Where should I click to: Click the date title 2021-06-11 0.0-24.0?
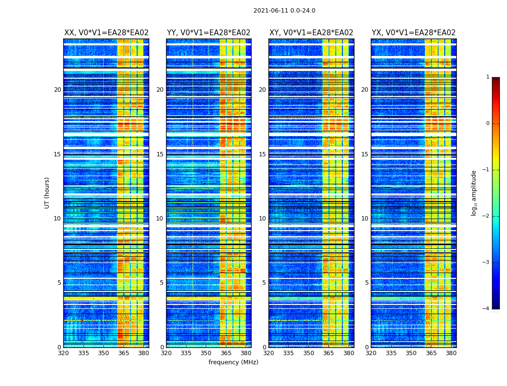point(284,11)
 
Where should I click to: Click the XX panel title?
point(106,33)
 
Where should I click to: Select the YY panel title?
point(209,33)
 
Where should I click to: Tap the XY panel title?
point(311,33)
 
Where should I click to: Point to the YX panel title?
point(413,33)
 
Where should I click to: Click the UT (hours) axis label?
point(47,193)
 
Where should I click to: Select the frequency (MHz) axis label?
point(233,362)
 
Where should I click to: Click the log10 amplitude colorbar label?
point(474,193)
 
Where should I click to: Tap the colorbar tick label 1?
point(487,77)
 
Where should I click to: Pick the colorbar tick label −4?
point(486,309)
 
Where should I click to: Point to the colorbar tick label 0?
point(487,124)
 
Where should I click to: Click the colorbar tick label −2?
point(486,216)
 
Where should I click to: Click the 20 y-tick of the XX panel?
point(57,90)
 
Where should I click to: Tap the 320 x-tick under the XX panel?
point(63,353)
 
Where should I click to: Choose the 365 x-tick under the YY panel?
point(226,353)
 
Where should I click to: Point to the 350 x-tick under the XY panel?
point(309,353)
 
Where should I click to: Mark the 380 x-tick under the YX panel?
point(451,353)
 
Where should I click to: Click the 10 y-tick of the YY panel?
point(160,219)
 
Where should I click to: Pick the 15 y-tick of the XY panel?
point(262,154)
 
